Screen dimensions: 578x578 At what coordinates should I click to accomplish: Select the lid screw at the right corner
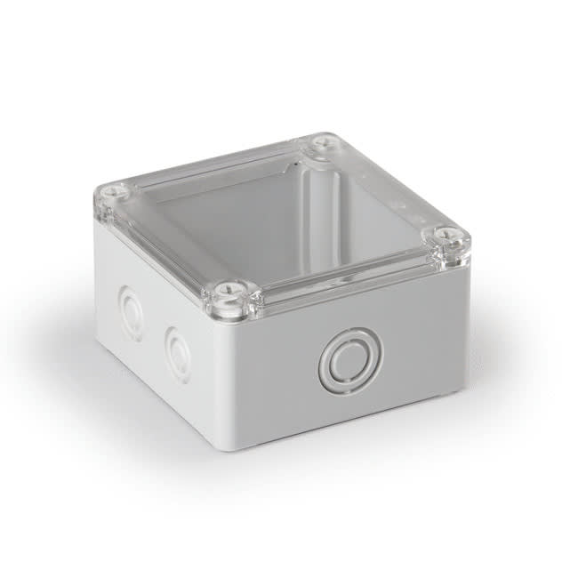[452, 237]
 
